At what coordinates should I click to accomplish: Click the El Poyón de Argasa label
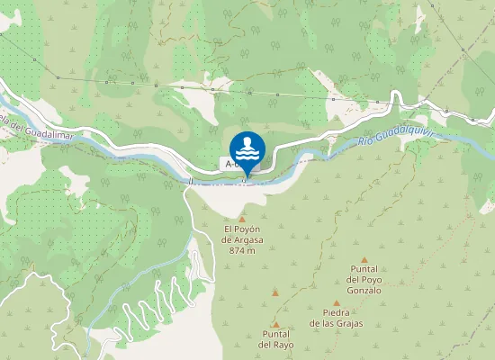coord(242,234)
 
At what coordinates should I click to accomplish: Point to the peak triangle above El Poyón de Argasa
coord(242,218)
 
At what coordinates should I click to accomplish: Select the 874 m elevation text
coord(242,250)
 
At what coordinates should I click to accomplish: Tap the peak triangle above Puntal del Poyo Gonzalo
coord(364,259)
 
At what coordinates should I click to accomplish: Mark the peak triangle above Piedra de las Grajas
coord(337,303)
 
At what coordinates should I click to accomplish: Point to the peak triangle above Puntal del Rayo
coord(275,325)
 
